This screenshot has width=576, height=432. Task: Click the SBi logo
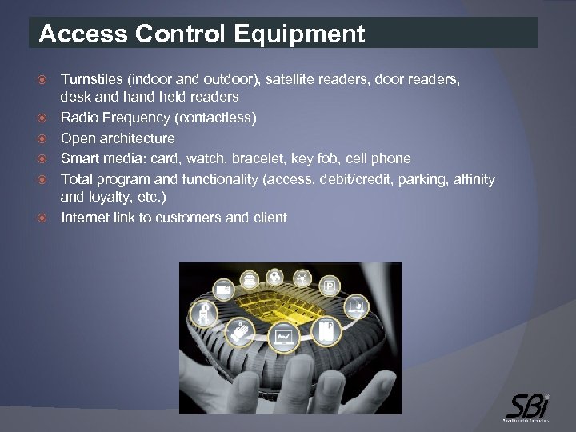click(x=528, y=403)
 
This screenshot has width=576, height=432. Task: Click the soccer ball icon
click(x=274, y=277)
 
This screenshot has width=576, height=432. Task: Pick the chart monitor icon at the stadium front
click(x=283, y=338)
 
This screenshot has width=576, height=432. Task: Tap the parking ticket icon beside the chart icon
click(x=326, y=330)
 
